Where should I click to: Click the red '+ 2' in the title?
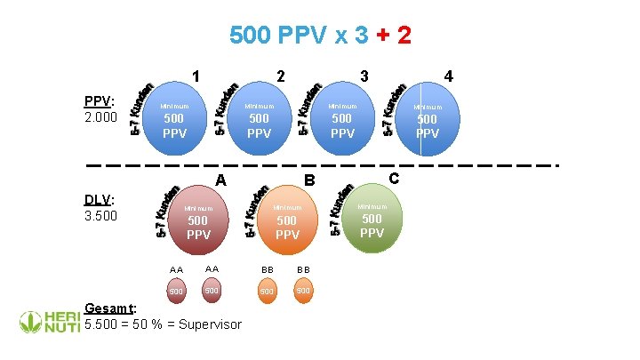click(392, 36)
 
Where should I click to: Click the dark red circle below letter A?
click(198, 222)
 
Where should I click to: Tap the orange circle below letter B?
click(287, 222)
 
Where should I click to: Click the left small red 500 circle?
click(176, 291)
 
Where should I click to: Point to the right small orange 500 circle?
click(303, 290)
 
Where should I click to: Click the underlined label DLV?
click(99, 198)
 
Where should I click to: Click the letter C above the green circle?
click(396, 179)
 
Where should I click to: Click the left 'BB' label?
click(267, 268)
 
